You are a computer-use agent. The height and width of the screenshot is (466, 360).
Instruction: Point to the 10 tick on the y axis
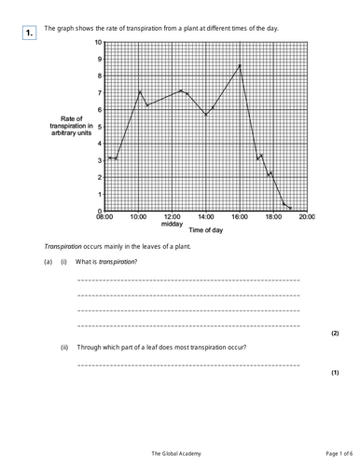click(99, 44)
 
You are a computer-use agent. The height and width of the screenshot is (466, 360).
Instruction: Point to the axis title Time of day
click(204, 230)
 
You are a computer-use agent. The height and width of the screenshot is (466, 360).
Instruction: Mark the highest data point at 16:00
click(240, 65)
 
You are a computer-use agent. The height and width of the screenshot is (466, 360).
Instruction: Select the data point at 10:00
click(140, 91)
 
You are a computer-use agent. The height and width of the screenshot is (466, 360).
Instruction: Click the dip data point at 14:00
click(206, 115)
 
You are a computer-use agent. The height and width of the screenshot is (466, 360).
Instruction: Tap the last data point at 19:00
click(291, 208)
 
